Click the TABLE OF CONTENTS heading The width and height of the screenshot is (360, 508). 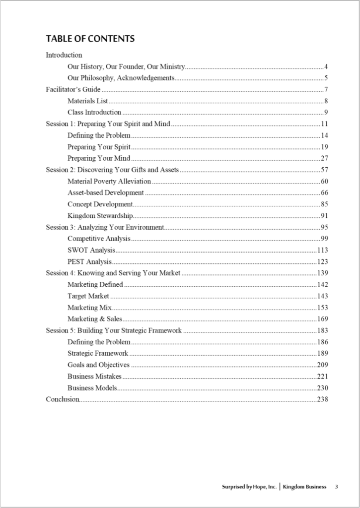coord(90,39)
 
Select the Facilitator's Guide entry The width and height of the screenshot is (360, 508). coord(73,89)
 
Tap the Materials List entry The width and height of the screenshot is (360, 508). coord(87,101)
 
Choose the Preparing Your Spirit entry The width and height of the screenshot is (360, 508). coord(99,147)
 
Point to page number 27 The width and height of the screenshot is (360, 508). coord(324,158)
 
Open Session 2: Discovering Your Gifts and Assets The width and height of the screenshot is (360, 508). coord(112,170)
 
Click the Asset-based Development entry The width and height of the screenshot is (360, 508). coord(106,192)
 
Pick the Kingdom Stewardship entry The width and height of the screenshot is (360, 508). coord(100,215)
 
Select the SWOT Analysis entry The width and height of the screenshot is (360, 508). coord(91,250)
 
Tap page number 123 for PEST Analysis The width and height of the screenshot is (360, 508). coord(323,261)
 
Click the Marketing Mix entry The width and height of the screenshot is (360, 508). coord(89,308)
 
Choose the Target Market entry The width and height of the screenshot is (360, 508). coord(88,296)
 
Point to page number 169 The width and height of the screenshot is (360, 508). coord(323,319)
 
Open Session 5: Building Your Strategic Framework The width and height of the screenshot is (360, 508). coord(114,330)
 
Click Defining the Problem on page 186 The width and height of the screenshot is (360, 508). coord(99,342)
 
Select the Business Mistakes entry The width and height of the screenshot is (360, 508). coord(94,376)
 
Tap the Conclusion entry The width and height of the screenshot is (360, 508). coord(63,399)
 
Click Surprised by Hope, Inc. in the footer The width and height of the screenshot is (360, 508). coord(249,487)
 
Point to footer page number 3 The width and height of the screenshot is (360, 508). coord(336,487)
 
